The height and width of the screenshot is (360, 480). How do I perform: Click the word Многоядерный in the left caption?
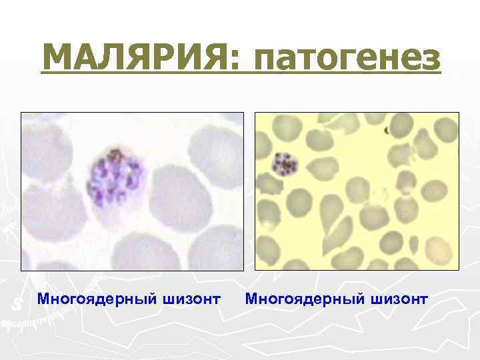[x=96, y=299]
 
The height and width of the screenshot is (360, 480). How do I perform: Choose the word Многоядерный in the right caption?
[x=304, y=299]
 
